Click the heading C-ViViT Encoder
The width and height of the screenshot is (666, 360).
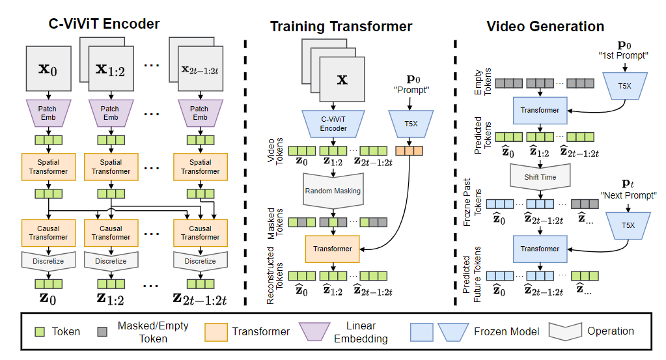[104, 24]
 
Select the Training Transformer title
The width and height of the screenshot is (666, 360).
[341, 26]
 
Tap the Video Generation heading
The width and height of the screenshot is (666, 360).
[546, 26]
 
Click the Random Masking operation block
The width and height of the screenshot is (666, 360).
[333, 190]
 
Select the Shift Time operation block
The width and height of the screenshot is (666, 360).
[540, 175]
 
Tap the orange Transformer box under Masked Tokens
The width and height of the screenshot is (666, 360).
[333, 248]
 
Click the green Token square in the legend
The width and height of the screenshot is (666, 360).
[38, 331]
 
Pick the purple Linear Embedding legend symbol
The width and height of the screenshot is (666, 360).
[319, 331]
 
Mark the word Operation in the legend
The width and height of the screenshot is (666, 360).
[610, 331]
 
